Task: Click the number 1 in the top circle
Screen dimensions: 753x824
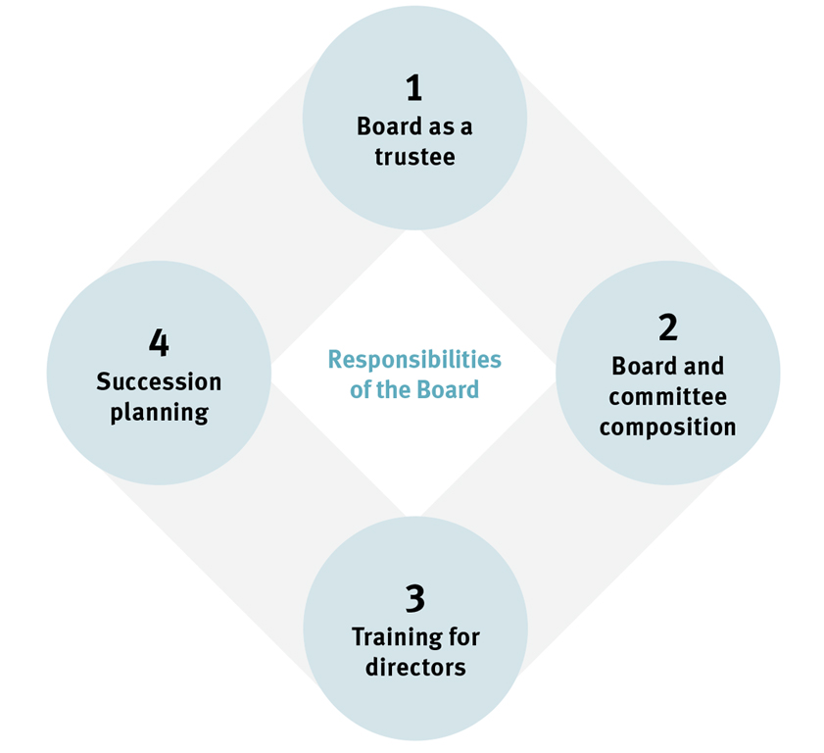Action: (413, 89)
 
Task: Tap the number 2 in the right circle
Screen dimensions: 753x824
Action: (668, 327)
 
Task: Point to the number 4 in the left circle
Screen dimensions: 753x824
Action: (159, 343)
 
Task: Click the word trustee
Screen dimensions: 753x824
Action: (414, 157)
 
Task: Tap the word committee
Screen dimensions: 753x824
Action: (668, 397)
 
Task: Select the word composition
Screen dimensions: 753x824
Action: (668, 427)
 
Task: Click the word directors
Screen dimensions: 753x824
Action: (414, 668)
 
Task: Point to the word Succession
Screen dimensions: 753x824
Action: (159, 381)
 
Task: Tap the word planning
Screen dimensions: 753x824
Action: (159, 413)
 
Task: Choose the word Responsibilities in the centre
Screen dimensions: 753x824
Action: (413, 359)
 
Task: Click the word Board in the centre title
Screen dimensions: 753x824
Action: (446, 389)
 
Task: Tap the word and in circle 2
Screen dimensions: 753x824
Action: (703, 366)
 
